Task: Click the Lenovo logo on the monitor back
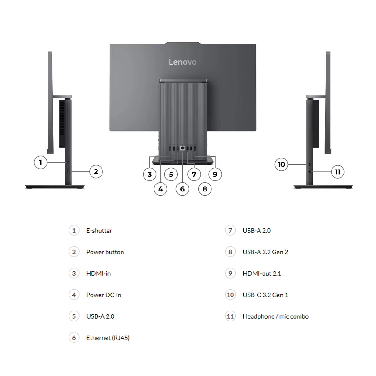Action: tap(183, 62)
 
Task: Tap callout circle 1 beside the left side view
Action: tap(40, 162)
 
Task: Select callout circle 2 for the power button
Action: tap(96, 171)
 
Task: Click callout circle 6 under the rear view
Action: tap(182, 189)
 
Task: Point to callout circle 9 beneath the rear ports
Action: tap(215, 174)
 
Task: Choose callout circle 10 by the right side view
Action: tap(281, 164)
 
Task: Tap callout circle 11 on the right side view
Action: tap(337, 172)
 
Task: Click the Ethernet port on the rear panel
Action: tap(182, 149)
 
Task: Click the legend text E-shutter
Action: tap(99, 231)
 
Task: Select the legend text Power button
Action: tap(105, 252)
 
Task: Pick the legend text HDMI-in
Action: tap(98, 274)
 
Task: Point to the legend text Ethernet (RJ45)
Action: tap(108, 338)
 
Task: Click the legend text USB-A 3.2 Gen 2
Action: tap(265, 252)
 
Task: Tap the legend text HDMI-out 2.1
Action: tap(262, 274)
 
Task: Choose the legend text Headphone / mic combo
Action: tap(275, 316)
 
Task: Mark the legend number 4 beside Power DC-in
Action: tap(74, 295)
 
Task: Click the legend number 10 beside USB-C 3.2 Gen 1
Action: tap(230, 295)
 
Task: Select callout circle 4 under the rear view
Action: tap(160, 189)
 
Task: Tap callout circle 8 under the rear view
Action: tap(205, 189)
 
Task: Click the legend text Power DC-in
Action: tap(103, 295)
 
